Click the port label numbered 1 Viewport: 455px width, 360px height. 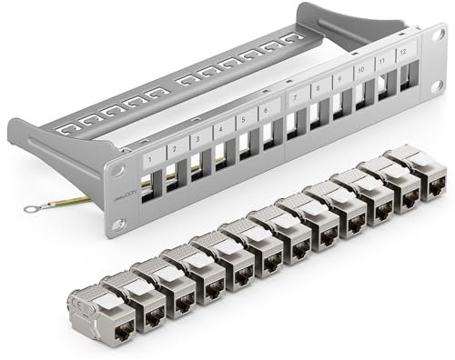[148, 158]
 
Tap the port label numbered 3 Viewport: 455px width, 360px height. [196, 142]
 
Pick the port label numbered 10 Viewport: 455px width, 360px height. [361, 70]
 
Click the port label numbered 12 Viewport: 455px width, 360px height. [401, 54]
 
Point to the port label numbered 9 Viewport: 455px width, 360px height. [339, 80]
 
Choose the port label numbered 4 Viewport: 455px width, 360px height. [218, 135]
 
